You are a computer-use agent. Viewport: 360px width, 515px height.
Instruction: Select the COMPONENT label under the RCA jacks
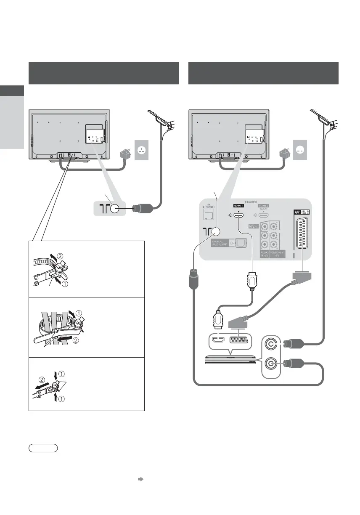pyautogui.click(x=278, y=254)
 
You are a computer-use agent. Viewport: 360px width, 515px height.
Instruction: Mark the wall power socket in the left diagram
pyautogui.click(x=142, y=150)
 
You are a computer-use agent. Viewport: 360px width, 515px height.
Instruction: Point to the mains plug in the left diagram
pyautogui.click(x=125, y=154)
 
